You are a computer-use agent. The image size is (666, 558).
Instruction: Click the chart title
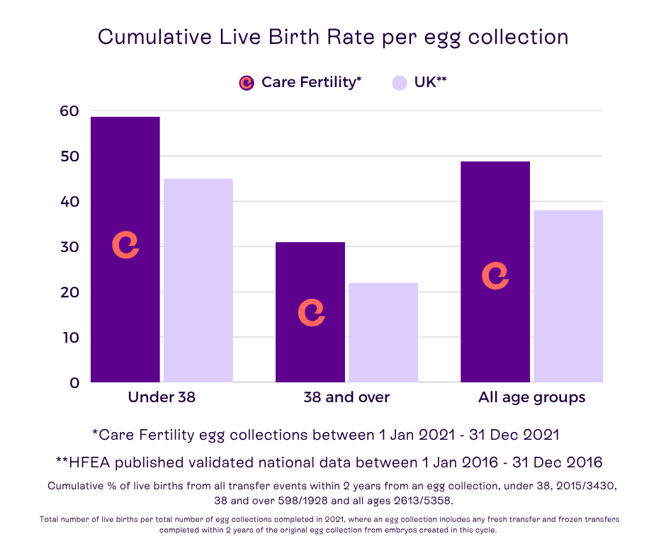333,37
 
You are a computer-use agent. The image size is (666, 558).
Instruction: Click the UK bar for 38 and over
383,333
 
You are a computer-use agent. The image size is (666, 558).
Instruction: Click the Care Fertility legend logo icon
247,82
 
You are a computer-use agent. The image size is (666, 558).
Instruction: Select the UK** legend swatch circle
400,82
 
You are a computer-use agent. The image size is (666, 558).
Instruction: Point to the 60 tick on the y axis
70,110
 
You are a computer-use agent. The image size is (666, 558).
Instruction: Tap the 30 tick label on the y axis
70,246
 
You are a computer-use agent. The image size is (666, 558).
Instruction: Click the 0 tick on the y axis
74,382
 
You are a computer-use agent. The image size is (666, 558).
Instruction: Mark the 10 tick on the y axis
70,337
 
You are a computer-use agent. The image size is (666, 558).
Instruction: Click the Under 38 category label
162,397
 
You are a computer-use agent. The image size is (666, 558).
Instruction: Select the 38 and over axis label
346,397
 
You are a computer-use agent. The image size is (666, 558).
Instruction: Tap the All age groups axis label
531,397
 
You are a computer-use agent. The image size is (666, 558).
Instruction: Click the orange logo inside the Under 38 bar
125,244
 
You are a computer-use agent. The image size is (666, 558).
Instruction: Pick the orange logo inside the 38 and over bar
311,312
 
